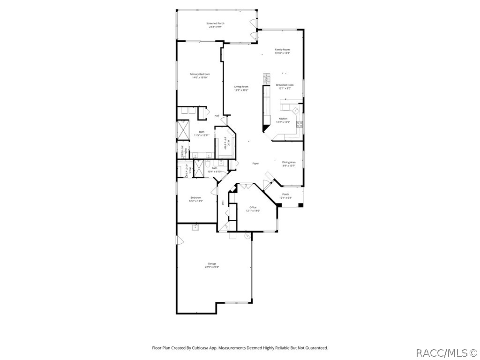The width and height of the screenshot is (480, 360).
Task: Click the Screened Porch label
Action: (215, 23)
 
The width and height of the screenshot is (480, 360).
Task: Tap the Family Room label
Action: (282, 50)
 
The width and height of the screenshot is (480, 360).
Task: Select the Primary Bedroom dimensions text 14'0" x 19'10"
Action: (200, 78)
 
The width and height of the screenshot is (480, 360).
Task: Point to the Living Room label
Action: (241, 87)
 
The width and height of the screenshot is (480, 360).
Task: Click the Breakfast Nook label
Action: (285, 85)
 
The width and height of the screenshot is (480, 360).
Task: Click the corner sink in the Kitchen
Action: (295, 111)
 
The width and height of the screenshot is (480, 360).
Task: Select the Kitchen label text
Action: (283, 119)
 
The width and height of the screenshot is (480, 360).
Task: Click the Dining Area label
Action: (289, 162)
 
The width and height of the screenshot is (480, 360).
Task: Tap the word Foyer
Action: (255, 164)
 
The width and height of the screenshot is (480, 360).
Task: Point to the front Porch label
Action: (285, 194)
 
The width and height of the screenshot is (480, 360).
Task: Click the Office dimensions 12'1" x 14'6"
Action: (253, 211)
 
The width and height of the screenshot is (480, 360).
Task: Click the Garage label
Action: (212, 263)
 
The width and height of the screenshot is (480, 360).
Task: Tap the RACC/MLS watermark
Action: (446, 352)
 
